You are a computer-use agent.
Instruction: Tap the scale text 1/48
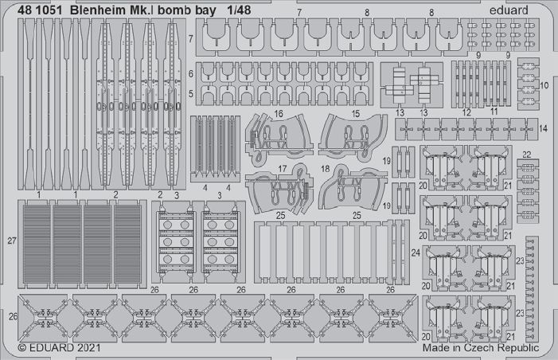pos(239,10)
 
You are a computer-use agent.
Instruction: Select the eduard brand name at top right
pos(509,10)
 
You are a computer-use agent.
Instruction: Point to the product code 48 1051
pos(40,10)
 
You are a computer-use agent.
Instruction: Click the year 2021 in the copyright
pos(88,347)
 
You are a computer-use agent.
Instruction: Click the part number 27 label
pos(12,241)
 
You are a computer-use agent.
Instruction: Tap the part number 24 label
pos(416,252)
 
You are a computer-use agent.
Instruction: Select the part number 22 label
pos(527,155)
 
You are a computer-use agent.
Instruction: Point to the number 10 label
pos(544,85)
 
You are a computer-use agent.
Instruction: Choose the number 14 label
pos(543,128)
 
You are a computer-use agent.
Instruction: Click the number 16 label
pos(279,114)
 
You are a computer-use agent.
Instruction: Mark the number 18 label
pos(325,168)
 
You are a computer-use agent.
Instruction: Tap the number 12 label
pos(466,112)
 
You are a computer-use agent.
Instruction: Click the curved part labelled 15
pos(352,137)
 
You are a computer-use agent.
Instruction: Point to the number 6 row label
pos(191,74)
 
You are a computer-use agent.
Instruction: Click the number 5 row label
pos(191,94)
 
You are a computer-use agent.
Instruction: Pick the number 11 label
pos(494,112)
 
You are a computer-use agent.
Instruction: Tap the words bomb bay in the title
pos(187,10)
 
